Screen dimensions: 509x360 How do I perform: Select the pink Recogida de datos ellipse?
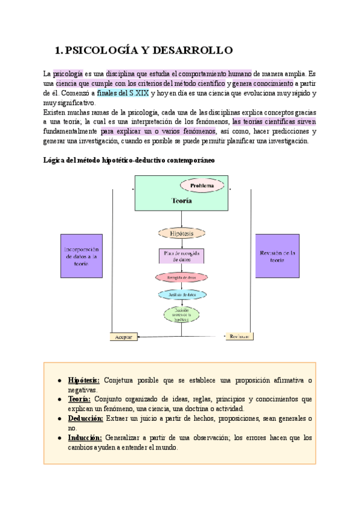click(181, 277)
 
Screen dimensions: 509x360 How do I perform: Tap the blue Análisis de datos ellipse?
click(181, 295)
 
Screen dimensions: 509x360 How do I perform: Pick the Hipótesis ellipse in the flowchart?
click(181, 232)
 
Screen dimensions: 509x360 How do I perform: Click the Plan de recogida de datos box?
click(181, 256)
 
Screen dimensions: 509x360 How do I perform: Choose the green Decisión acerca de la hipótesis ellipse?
click(181, 314)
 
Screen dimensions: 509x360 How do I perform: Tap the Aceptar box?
click(124, 337)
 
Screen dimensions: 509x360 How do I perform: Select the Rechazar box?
click(239, 337)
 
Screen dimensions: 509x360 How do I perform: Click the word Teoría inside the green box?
click(181, 201)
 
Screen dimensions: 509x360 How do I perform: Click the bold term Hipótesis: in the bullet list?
click(85, 381)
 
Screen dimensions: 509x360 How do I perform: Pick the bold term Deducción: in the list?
click(86, 418)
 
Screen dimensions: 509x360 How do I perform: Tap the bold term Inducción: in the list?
click(85, 438)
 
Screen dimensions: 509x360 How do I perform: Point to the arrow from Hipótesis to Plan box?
click(181, 243)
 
